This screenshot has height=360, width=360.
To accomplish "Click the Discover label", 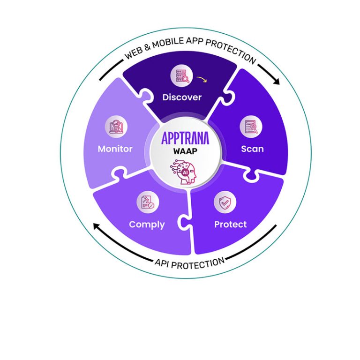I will click(x=182, y=97).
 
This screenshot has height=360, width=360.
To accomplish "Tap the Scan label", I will click(x=252, y=149).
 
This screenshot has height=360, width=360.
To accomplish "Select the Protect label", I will click(x=230, y=224).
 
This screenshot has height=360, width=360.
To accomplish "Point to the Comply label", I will click(x=147, y=224).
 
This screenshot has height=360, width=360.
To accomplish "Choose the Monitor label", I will click(x=115, y=149).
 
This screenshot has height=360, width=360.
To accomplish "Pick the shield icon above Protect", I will click(x=225, y=202).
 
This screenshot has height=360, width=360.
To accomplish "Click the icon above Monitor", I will click(x=116, y=127).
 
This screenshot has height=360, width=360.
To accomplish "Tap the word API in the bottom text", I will click(x=162, y=265).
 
